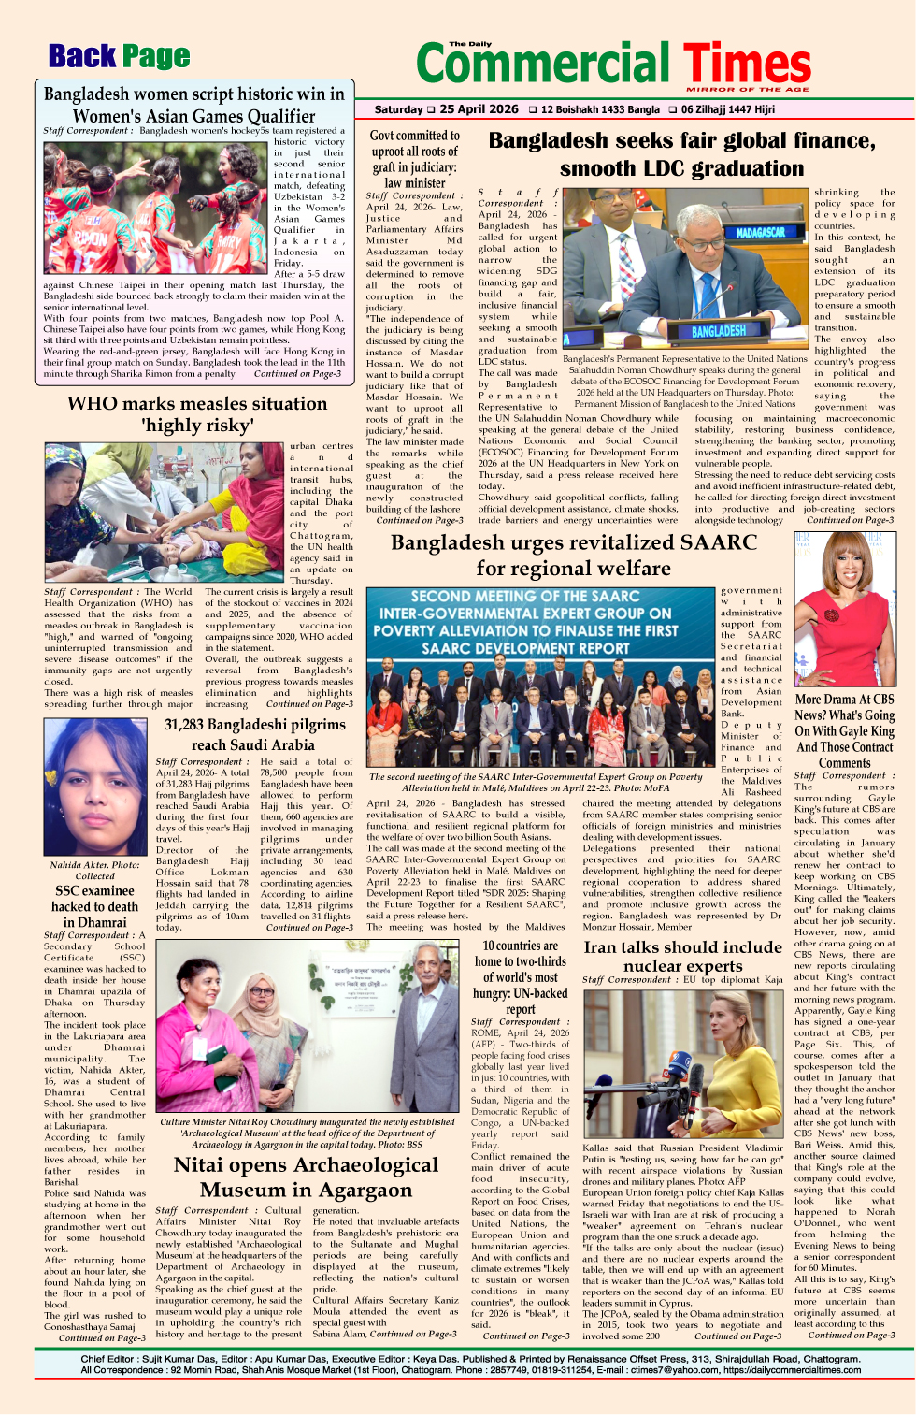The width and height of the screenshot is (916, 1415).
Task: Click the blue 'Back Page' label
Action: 119,57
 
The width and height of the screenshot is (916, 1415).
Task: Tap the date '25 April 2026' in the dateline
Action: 479,109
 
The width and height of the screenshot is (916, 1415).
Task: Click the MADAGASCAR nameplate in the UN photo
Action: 761,232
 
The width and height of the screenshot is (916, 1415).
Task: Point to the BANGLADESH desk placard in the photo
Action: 718,331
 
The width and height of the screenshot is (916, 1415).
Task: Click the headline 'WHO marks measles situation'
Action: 197,404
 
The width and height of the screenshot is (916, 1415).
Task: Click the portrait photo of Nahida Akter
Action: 94,787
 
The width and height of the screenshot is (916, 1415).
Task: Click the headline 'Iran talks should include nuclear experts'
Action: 682,956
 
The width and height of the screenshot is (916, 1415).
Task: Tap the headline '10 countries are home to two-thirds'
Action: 520,954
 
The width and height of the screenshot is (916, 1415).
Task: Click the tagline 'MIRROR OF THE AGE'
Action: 748,90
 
